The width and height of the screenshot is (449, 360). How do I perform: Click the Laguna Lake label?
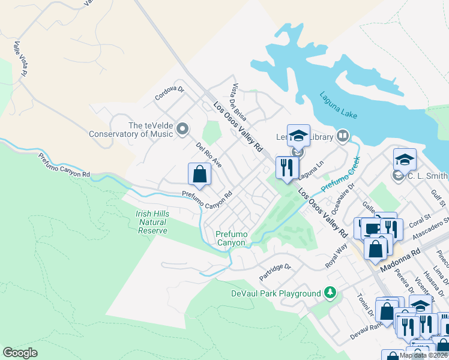339,103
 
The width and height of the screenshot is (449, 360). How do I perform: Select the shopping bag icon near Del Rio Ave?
200,175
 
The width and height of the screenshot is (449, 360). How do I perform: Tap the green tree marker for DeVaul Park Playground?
329,293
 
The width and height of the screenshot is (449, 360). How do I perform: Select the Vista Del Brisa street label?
239,101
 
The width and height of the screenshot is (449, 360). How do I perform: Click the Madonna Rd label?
409,257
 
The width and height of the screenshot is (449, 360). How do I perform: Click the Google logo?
20,352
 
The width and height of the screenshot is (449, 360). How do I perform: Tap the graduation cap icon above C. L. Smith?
405,160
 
